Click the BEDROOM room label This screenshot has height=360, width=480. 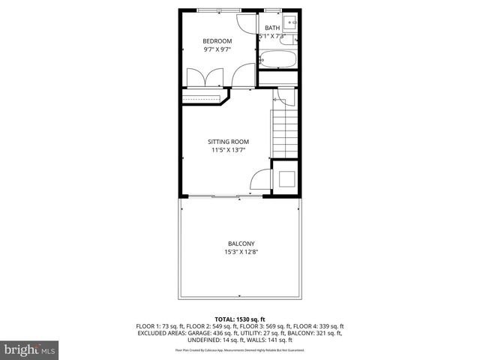[217, 40]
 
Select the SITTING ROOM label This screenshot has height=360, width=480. [228, 141]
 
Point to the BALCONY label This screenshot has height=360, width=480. [241, 243]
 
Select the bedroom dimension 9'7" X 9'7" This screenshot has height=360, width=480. [217, 49]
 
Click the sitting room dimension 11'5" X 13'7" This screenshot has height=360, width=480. [228, 150]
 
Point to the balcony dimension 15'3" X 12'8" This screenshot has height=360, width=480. [241, 252]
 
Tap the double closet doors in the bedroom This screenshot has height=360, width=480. [204, 76]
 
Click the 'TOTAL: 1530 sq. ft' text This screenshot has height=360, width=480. [240, 319]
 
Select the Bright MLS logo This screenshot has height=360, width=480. [30, 349]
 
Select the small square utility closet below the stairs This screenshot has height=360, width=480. [285, 179]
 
